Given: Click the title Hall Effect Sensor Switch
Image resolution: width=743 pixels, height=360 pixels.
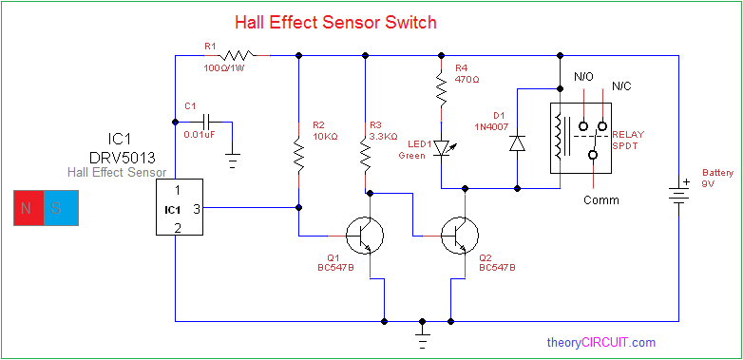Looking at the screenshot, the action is click(335, 22).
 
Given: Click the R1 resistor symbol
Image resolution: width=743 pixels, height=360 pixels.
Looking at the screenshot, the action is click(237, 55).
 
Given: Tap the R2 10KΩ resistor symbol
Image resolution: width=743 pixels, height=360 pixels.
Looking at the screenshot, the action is click(299, 155).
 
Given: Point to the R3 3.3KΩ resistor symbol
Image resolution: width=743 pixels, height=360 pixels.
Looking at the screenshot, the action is click(366, 155).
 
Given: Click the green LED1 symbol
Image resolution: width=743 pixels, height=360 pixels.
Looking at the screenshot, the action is click(443, 147).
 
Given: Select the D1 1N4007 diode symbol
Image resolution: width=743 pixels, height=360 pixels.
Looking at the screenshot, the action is click(517, 143).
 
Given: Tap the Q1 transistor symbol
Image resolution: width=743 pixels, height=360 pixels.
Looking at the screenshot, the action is click(364, 236).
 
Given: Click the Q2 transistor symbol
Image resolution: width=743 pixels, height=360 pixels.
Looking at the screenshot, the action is click(459, 236).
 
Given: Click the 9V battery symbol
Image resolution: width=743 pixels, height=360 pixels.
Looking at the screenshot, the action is click(678, 194).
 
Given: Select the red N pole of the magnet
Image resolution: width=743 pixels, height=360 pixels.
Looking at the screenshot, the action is click(29, 208).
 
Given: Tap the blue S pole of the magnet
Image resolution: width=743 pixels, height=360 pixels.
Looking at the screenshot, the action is click(62, 208).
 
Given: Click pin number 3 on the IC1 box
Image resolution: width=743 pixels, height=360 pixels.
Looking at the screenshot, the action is click(196, 209).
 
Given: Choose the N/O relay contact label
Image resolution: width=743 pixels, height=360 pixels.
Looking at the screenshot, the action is click(583, 76).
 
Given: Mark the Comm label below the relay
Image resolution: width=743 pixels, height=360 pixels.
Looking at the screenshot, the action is click(600, 199).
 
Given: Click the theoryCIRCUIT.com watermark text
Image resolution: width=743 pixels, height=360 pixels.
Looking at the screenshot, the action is click(601, 342).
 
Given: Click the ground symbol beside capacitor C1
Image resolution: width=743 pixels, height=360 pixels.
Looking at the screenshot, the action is click(233, 161).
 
